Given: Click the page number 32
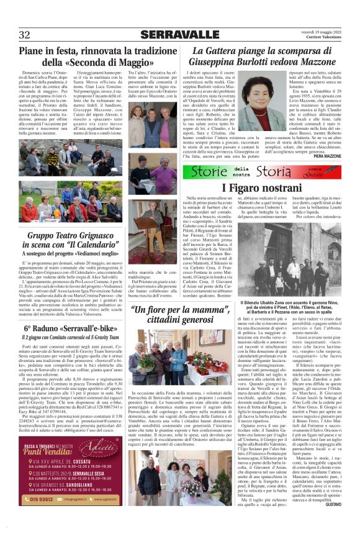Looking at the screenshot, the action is point(25,35).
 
